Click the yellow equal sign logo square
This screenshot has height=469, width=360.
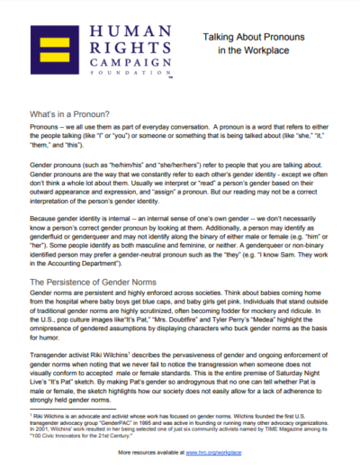[x=46, y=49]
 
